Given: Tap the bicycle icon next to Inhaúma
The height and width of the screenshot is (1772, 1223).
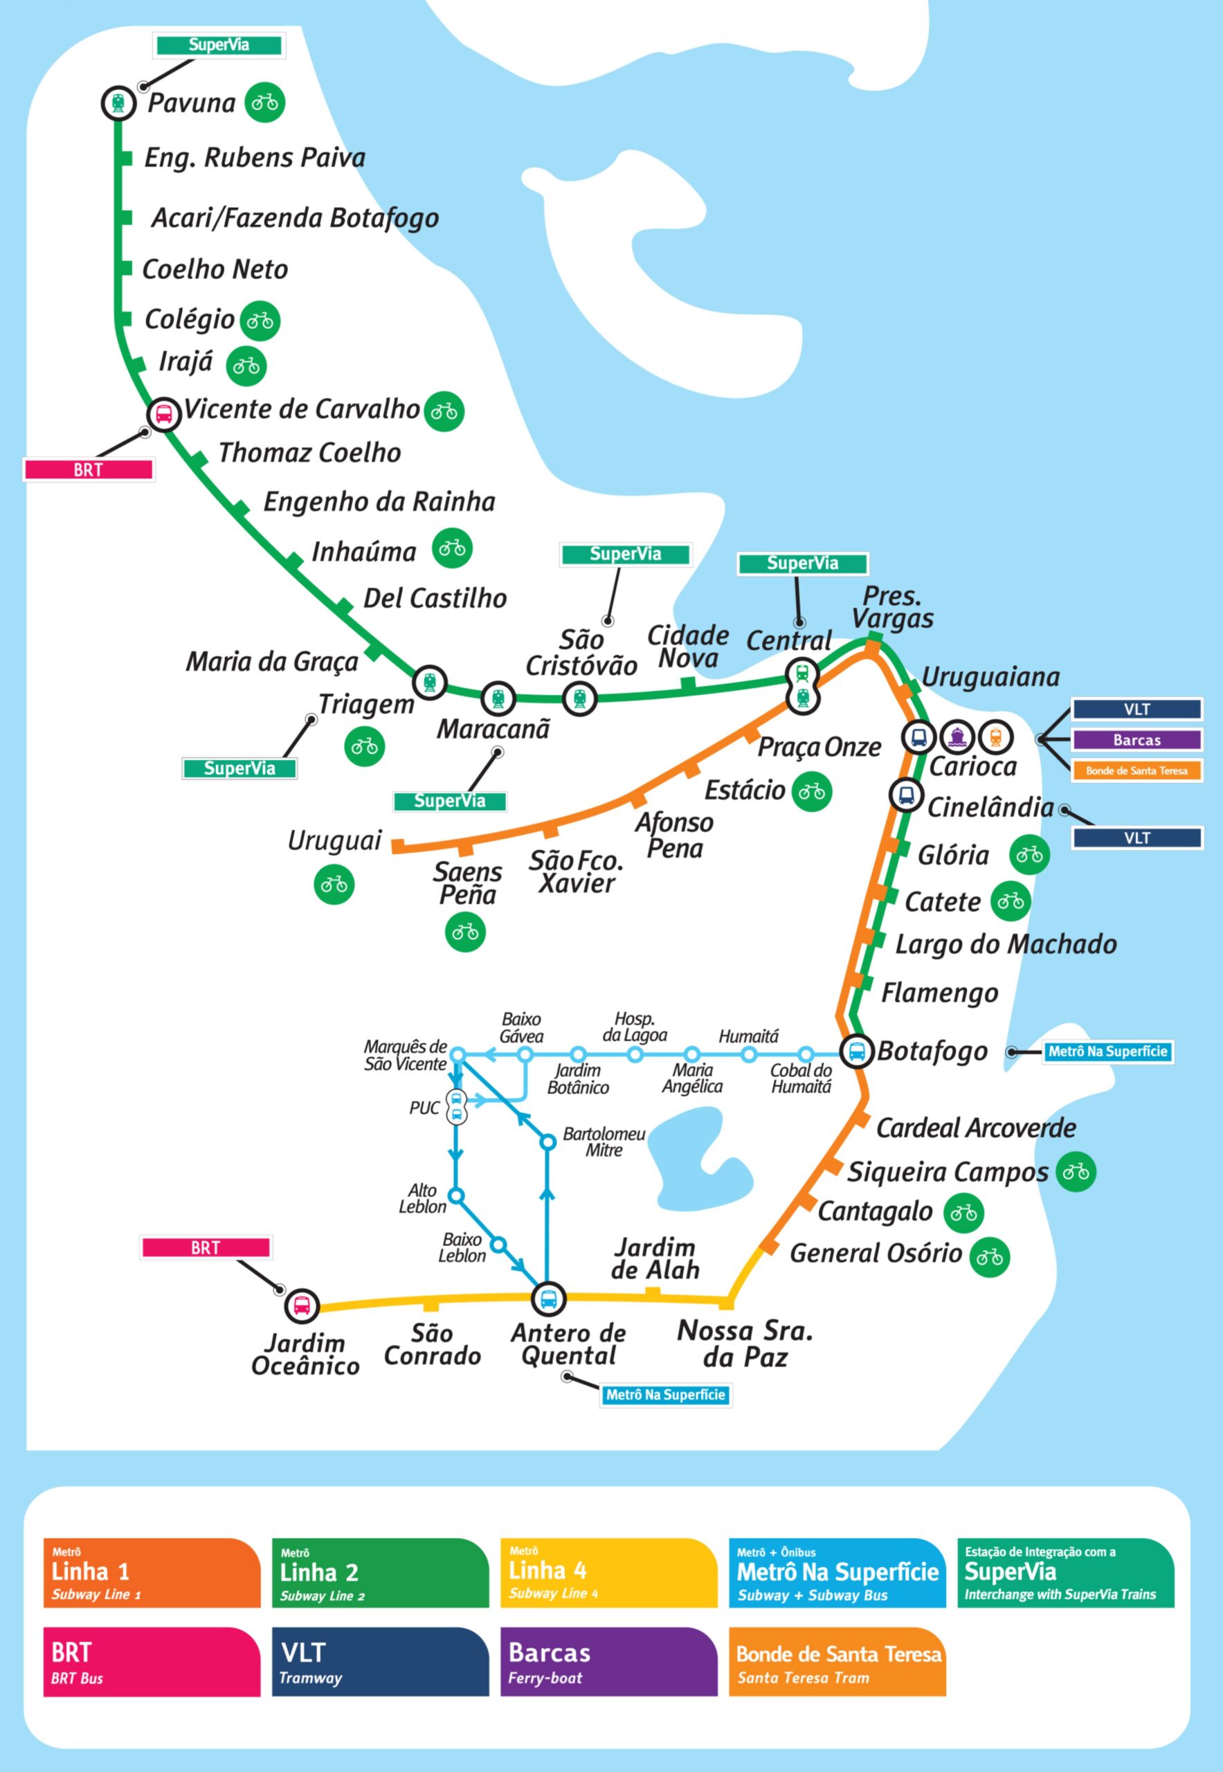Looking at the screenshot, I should [x=452, y=548].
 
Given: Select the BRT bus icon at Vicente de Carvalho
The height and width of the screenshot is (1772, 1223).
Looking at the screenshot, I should [x=164, y=414].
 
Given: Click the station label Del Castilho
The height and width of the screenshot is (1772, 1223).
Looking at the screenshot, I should [x=435, y=599].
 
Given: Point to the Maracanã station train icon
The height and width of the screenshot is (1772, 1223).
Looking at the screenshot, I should [x=499, y=698].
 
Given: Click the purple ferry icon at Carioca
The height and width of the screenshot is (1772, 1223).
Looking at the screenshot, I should [x=957, y=736].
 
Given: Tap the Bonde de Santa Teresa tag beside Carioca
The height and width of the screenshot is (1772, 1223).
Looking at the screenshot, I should [x=1136, y=770].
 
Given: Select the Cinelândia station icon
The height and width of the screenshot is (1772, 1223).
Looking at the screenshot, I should [x=906, y=795].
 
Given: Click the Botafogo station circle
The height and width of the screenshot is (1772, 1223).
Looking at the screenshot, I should [x=858, y=1051].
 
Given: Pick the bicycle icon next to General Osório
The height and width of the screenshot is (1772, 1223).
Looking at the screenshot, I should [x=990, y=1258].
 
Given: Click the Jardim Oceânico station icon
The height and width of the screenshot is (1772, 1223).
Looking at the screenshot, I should [x=302, y=1305].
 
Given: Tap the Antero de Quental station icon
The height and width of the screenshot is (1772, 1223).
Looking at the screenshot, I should [x=549, y=1299].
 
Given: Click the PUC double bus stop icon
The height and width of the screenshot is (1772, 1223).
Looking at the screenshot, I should [x=457, y=1106].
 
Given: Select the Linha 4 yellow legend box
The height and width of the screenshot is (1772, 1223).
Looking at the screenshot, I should [x=608, y=1573].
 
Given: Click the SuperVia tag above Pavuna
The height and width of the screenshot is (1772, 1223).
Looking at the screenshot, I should [x=219, y=45].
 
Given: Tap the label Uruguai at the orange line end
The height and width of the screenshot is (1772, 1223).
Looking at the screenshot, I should [x=334, y=841].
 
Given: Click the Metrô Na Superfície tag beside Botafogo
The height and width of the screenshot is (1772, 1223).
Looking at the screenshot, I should [x=1107, y=1051].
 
